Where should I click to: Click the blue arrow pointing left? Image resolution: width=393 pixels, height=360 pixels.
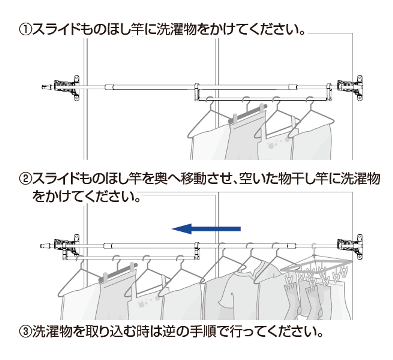pos(206,229)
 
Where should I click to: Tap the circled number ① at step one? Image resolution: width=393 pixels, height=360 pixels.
pos(26,31)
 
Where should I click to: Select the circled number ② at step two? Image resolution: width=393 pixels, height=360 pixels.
pos(26,179)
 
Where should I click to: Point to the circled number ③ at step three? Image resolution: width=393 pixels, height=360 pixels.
pos(26,333)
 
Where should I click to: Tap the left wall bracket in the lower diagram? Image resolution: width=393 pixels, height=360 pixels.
pos(67,246)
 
